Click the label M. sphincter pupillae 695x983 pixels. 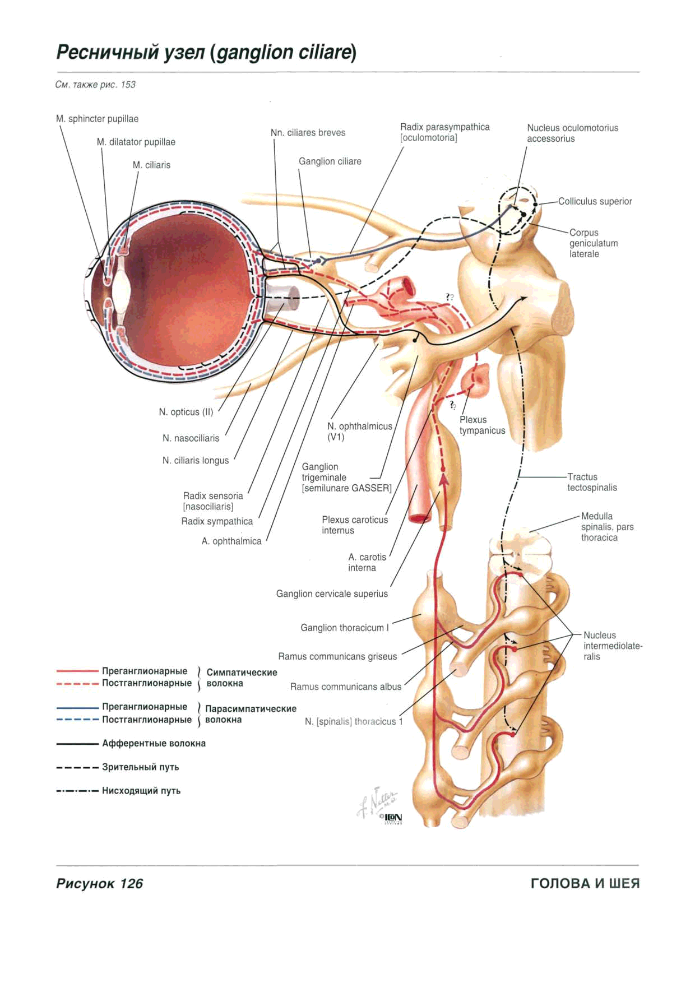[x=97, y=119]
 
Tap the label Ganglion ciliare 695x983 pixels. [x=330, y=161]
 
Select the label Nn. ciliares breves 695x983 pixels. [x=308, y=133]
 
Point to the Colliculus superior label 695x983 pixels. [x=595, y=201]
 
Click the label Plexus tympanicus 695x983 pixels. [x=482, y=425]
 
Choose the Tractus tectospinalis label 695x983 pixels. [x=592, y=483]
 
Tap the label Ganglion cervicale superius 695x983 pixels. [x=332, y=594]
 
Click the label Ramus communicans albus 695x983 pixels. [x=346, y=687]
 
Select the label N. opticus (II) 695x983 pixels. [x=186, y=412]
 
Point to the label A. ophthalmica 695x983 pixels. [x=231, y=541]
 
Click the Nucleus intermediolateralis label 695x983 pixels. [x=613, y=646]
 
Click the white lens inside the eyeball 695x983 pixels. [x=121, y=292]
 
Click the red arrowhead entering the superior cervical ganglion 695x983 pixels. [x=444, y=478]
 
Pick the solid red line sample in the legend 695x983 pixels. [x=77, y=670]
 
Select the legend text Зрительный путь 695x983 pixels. [x=141, y=767]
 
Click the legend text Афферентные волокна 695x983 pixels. [x=154, y=744]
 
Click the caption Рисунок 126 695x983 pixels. [x=100, y=884]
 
